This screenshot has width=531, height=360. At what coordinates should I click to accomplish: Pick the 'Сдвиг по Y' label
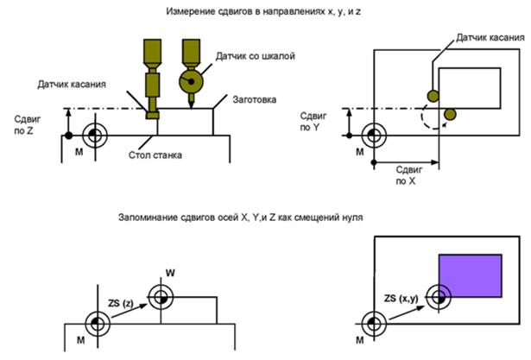click(x=311, y=120)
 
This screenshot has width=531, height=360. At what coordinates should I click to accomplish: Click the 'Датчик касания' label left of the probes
click(x=73, y=84)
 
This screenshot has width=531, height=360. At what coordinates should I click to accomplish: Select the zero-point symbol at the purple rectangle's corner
click(x=439, y=297)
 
